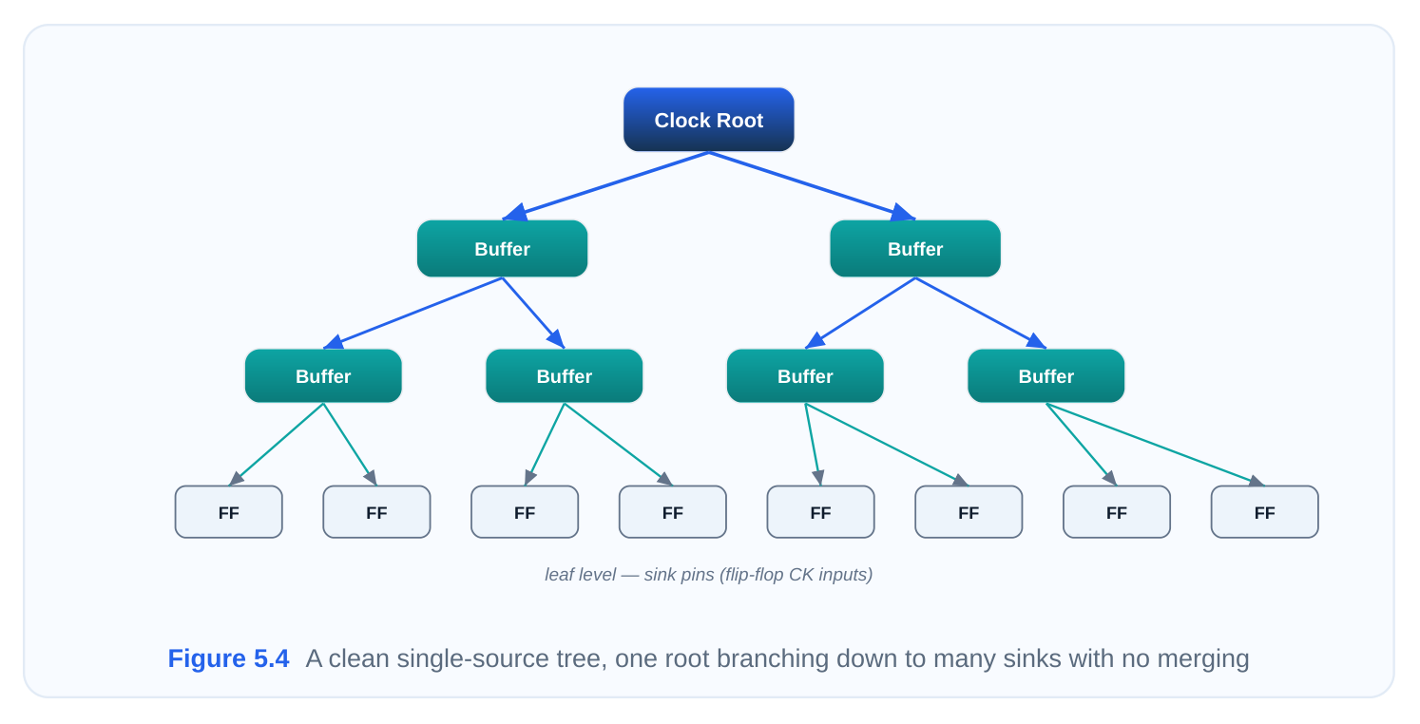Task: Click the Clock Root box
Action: pyautogui.click(x=709, y=120)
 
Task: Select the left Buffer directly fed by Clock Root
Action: pyautogui.click(x=502, y=249)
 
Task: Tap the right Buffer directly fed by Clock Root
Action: pyautogui.click(x=915, y=249)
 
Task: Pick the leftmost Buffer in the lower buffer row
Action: pyautogui.click(x=323, y=376)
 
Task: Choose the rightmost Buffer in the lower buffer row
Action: pyautogui.click(x=1046, y=376)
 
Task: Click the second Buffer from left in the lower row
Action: pyautogui.click(x=565, y=376)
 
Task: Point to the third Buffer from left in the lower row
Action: pyautogui.click(x=805, y=376)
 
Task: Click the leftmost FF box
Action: pyautogui.click(x=229, y=512)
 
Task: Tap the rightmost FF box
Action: pyautogui.click(x=1265, y=512)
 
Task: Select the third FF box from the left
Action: pyautogui.click(x=525, y=512)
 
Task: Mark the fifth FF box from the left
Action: pyautogui.click(x=821, y=512)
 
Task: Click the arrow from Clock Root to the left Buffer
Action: pyautogui.click(x=605, y=186)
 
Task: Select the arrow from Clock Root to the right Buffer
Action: pyautogui.click(x=812, y=186)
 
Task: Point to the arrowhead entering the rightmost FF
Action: pyautogui.click(x=1257, y=481)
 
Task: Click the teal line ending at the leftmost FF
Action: pyautogui.click(x=277, y=445)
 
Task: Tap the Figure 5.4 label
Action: pyautogui.click(x=228, y=658)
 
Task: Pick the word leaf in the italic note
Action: pyautogui.click(x=559, y=575)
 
